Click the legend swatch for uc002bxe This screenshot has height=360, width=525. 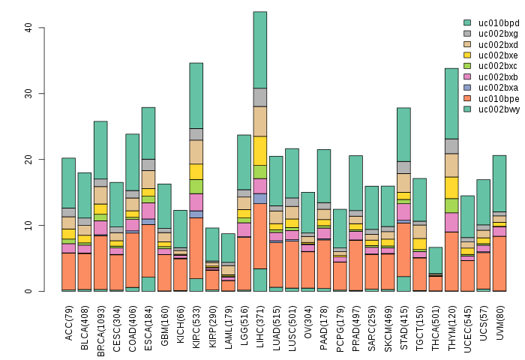(x=467, y=55)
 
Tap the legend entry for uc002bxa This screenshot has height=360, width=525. (x=499, y=87)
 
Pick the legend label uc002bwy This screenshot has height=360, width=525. (x=499, y=109)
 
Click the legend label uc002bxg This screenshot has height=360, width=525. (x=499, y=34)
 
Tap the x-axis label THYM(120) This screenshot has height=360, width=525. (x=452, y=324)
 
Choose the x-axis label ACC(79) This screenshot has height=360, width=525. (x=68, y=320)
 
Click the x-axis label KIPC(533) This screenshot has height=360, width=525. (x=196, y=324)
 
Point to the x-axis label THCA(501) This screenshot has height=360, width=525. (x=436, y=324)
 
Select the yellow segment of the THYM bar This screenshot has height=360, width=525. (x=452, y=187)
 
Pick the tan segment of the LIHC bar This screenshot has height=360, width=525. (x=260, y=121)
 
